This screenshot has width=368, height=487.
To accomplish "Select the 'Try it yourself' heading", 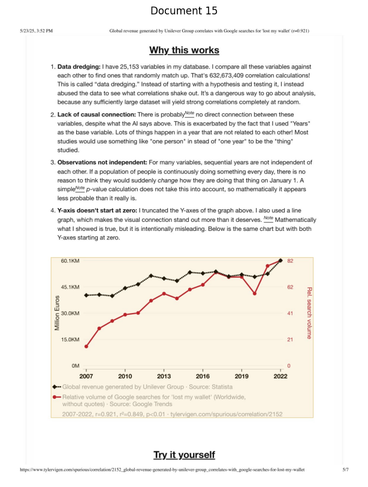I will tap(184, 455).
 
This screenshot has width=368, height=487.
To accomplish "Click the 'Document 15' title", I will tap(184, 11).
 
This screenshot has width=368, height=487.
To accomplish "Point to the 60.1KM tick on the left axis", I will tap(70, 261).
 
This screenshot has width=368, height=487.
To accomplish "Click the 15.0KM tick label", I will tap(70, 339).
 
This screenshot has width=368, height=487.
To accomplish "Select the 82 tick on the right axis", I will tap(289, 261).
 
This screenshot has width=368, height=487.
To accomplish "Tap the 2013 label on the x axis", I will tap(164, 376).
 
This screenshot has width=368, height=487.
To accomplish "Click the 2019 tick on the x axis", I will tap(242, 376).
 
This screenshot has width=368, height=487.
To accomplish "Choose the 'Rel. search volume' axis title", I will tap(309, 312).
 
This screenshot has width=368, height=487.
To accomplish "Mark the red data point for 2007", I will tap(86, 347).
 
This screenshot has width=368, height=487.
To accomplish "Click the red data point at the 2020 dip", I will tap(255, 293).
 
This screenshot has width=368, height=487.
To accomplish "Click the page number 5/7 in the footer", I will tap(345, 470).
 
